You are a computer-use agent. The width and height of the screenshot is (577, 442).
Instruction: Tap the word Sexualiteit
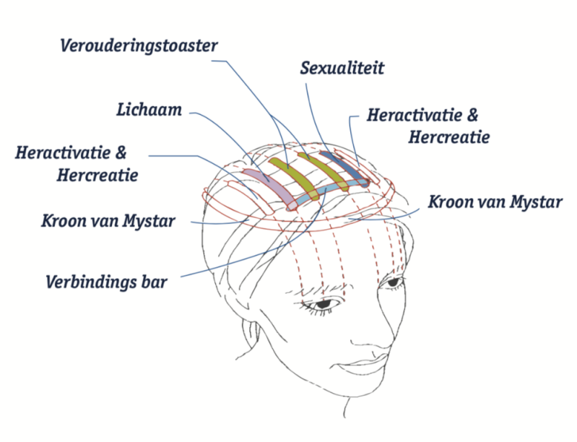click(x=342, y=68)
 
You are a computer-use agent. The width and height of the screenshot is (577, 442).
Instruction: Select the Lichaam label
click(x=149, y=110)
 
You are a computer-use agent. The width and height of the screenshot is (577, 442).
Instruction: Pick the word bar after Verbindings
click(x=154, y=282)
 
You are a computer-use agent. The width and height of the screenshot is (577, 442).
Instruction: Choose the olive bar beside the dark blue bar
click(x=323, y=171)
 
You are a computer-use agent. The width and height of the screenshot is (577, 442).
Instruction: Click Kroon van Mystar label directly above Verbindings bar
click(x=108, y=221)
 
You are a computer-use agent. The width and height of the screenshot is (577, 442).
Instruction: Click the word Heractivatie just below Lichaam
click(x=63, y=153)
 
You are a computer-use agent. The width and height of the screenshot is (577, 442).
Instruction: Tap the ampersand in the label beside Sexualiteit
click(x=472, y=115)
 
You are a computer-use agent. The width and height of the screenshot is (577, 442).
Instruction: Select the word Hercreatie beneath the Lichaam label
click(x=97, y=175)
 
